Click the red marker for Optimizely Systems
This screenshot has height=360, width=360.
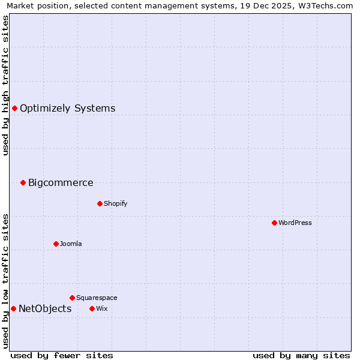click(x=14, y=108)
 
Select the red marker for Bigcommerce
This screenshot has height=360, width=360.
click(x=23, y=182)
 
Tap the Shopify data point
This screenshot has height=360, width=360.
click(x=100, y=203)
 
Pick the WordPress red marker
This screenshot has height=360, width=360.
click(x=274, y=223)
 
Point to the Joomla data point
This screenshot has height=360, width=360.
click(x=56, y=244)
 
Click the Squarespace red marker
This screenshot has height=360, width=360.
click(x=72, y=298)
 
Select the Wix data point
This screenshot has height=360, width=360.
click(x=92, y=308)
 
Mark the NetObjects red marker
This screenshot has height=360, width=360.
click(x=13, y=308)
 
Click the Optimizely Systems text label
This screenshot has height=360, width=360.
click(x=67, y=109)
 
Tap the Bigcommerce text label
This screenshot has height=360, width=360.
click(x=61, y=183)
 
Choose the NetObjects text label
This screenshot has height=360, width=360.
click(x=45, y=309)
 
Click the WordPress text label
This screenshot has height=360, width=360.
click(x=295, y=223)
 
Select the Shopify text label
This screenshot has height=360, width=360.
click(x=116, y=203)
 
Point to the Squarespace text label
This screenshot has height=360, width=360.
click(x=97, y=298)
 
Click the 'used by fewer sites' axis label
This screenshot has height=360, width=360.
click(x=62, y=355)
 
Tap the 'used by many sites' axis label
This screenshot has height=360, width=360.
click(x=301, y=355)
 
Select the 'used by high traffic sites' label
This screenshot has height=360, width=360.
click(x=5, y=85)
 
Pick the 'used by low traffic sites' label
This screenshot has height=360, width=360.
click(x=5, y=280)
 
